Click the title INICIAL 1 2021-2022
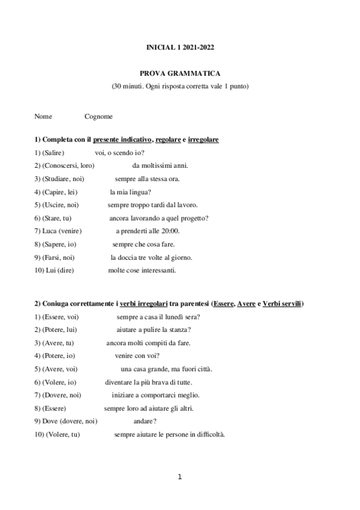tap(180, 46)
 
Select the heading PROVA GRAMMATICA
tap(180, 73)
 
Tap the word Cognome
tap(99, 116)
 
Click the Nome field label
tap(43, 116)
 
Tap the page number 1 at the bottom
tap(179, 477)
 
